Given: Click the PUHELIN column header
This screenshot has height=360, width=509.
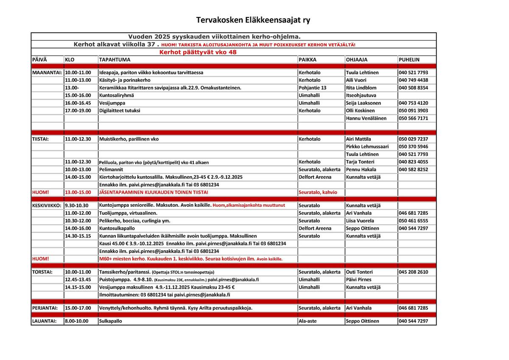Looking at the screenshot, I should click(409, 60).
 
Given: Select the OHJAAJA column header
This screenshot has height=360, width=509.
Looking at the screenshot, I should click(356, 60).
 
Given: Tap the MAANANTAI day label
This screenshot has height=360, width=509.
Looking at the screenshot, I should click(47, 73).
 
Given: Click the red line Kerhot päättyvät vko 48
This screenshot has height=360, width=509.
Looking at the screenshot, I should click(198, 52).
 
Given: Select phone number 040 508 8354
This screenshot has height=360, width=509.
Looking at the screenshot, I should click(413, 88).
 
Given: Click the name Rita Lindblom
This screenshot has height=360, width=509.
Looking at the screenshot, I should click(361, 88).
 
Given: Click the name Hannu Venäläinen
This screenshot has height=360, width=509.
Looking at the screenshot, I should click(366, 118).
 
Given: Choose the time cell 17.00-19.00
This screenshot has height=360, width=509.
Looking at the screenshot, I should click(78, 111).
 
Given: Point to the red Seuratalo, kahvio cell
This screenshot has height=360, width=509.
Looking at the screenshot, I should click(318, 192).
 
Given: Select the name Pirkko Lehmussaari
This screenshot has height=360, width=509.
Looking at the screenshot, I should click(367, 146).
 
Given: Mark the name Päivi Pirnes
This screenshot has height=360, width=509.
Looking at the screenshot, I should click(358, 280).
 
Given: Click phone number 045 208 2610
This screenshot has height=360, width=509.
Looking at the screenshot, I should click(413, 272).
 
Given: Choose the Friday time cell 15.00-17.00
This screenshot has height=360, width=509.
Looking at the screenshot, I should click(78, 308).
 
